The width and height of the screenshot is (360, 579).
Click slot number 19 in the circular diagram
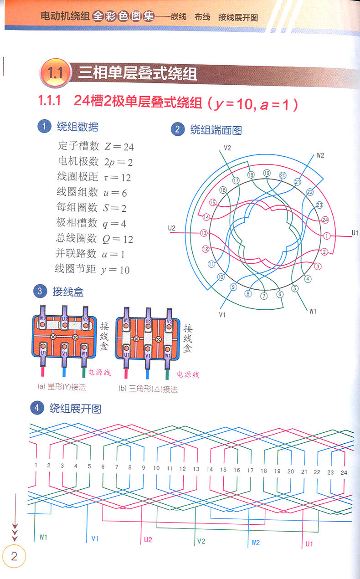267,173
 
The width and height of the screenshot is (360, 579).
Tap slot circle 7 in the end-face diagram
264,296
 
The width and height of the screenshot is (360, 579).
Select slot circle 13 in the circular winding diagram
204,233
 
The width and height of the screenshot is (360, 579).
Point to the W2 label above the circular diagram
320,156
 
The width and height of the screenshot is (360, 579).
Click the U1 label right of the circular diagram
355,233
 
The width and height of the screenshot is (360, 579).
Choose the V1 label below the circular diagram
222,315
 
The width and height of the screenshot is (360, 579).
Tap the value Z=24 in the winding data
119,147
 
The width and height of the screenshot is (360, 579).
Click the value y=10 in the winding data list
115,270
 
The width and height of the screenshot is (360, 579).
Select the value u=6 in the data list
115,193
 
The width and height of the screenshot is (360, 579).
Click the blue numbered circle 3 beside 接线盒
40,291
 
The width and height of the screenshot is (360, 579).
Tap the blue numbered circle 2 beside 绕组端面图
178,129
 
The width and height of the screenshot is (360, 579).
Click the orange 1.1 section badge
55,73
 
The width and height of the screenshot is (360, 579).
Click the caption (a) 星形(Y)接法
62,387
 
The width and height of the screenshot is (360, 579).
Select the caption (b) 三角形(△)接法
148,389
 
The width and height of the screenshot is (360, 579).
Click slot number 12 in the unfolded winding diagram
183,469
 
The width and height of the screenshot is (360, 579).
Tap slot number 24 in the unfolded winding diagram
344,472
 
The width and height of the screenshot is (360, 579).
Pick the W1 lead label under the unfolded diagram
43,537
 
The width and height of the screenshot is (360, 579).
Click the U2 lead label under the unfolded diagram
148,539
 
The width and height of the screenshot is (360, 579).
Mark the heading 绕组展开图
75,409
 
